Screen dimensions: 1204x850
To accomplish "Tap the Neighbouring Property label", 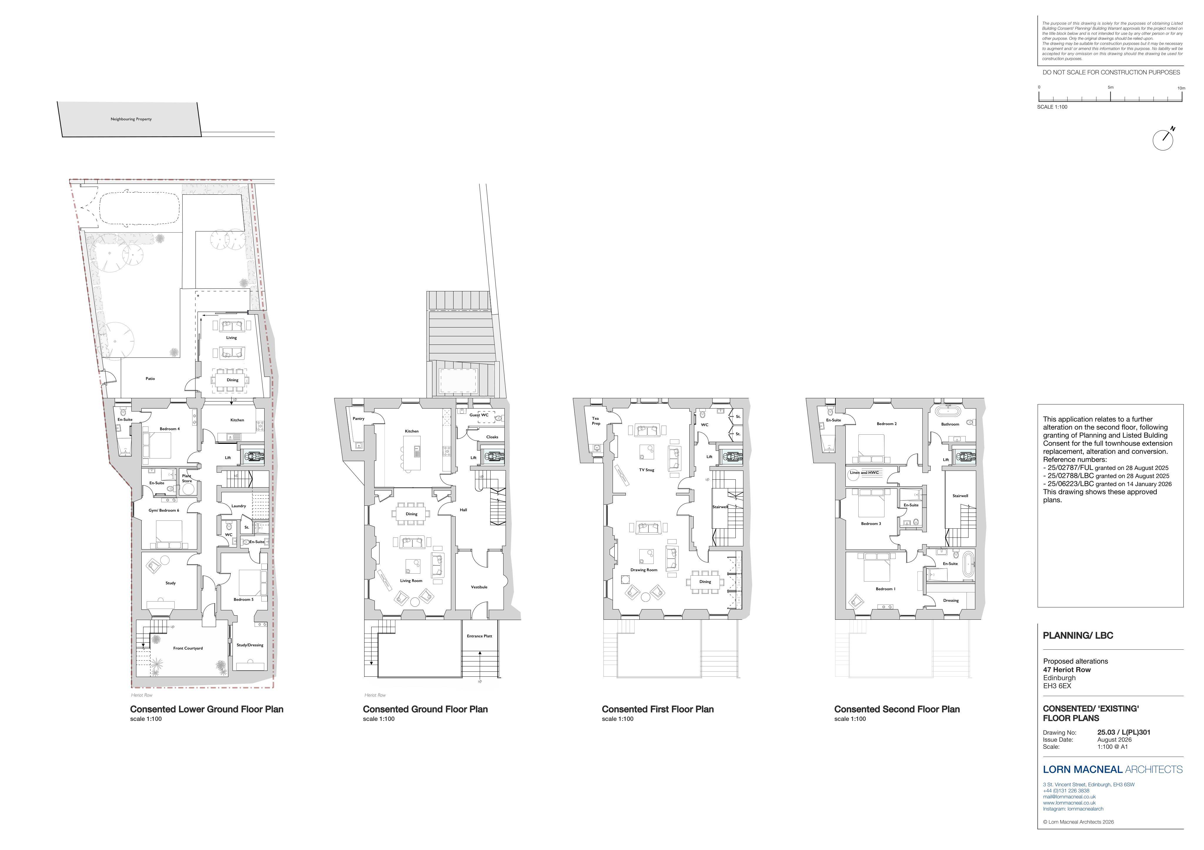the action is (x=131, y=119).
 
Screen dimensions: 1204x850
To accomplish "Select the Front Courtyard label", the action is (x=188, y=648).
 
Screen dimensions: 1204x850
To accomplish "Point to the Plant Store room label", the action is (x=187, y=478).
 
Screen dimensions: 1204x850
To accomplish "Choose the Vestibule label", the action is (x=479, y=587).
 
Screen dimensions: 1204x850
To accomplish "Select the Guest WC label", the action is (x=479, y=415).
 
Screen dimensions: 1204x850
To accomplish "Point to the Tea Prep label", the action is (x=596, y=421).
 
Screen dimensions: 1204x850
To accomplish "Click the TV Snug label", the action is (x=647, y=470).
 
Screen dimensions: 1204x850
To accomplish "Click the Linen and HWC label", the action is (x=864, y=473).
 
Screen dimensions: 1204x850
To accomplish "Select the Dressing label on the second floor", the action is (x=951, y=601).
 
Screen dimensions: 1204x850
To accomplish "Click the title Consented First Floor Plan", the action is (x=658, y=709).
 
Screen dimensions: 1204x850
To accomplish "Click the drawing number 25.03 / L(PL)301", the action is (x=1124, y=733).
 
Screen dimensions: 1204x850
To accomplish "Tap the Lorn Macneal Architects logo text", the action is (x=1113, y=769).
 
